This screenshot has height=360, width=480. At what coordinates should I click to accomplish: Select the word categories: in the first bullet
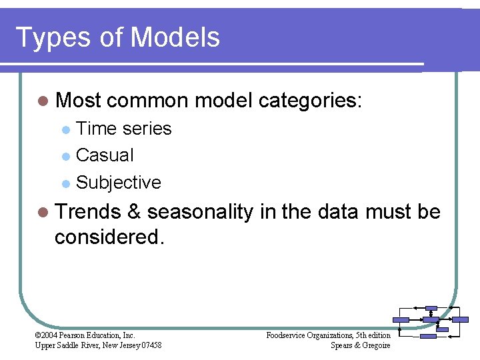click(310, 101)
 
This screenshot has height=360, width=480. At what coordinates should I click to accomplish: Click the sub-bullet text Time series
click(124, 128)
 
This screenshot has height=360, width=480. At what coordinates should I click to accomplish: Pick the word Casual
click(105, 155)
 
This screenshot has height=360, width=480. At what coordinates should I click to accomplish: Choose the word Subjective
click(119, 183)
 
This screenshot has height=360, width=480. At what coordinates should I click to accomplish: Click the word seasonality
click(200, 212)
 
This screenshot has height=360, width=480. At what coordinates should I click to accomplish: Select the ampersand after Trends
click(133, 212)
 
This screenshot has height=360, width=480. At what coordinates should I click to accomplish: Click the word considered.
click(109, 237)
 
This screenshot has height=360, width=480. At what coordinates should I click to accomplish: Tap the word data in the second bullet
click(340, 212)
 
